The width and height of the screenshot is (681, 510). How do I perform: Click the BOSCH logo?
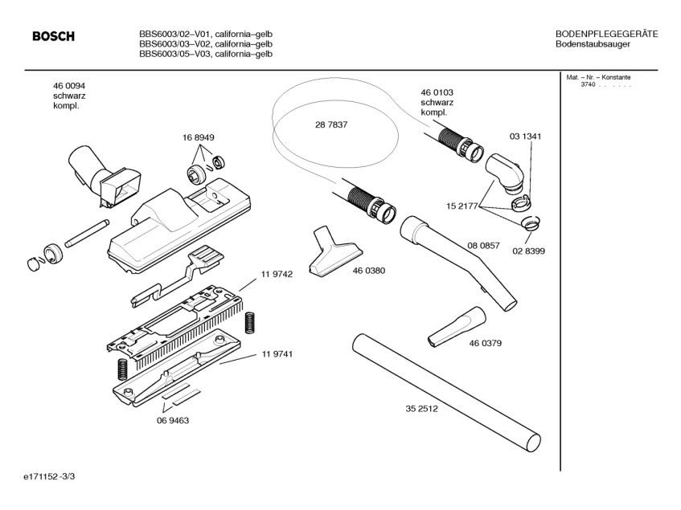coord(53,37)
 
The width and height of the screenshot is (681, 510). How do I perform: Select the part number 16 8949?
coord(198,138)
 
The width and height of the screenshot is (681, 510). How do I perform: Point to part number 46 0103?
coord(437,92)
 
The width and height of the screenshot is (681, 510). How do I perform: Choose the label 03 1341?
coord(525,137)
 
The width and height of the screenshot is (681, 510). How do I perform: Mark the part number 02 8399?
coord(528,251)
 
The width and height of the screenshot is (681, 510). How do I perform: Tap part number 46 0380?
coord(368,271)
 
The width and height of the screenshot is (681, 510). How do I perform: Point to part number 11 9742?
coord(276,275)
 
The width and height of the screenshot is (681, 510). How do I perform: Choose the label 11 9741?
coord(276,354)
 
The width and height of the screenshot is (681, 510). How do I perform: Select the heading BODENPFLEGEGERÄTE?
coord(607,33)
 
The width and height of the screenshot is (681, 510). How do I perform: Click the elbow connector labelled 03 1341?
coord(504,172)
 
